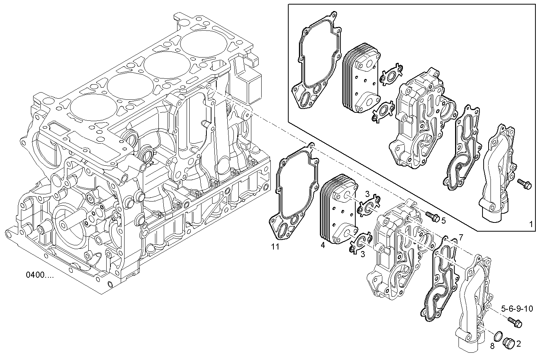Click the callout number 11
tap(275, 246)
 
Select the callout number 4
tap(323, 245)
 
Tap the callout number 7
tap(461, 237)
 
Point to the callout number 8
tap(492, 346)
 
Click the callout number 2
tap(519, 344)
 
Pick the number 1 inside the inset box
tap(531, 224)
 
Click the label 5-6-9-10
tap(517, 309)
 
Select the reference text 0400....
tap(40, 274)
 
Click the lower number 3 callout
tap(363, 254)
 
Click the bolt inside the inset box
tap(524, 183)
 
